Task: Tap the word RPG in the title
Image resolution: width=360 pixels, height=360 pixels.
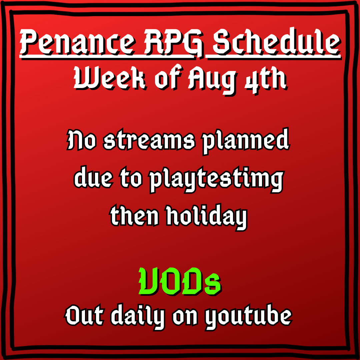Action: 174,43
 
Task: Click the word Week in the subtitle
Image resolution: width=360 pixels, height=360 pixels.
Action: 110,78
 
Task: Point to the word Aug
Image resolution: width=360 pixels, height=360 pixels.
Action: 212,79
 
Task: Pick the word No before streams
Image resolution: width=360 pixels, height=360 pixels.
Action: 81,140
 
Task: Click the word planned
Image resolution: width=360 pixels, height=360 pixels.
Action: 246,141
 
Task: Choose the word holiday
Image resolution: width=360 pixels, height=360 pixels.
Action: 207,217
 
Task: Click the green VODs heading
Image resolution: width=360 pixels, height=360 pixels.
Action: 180,281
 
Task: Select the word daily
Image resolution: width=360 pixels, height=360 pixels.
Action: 138,317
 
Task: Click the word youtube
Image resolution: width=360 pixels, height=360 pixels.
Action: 248,317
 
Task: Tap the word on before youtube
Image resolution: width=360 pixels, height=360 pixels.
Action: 185,318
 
